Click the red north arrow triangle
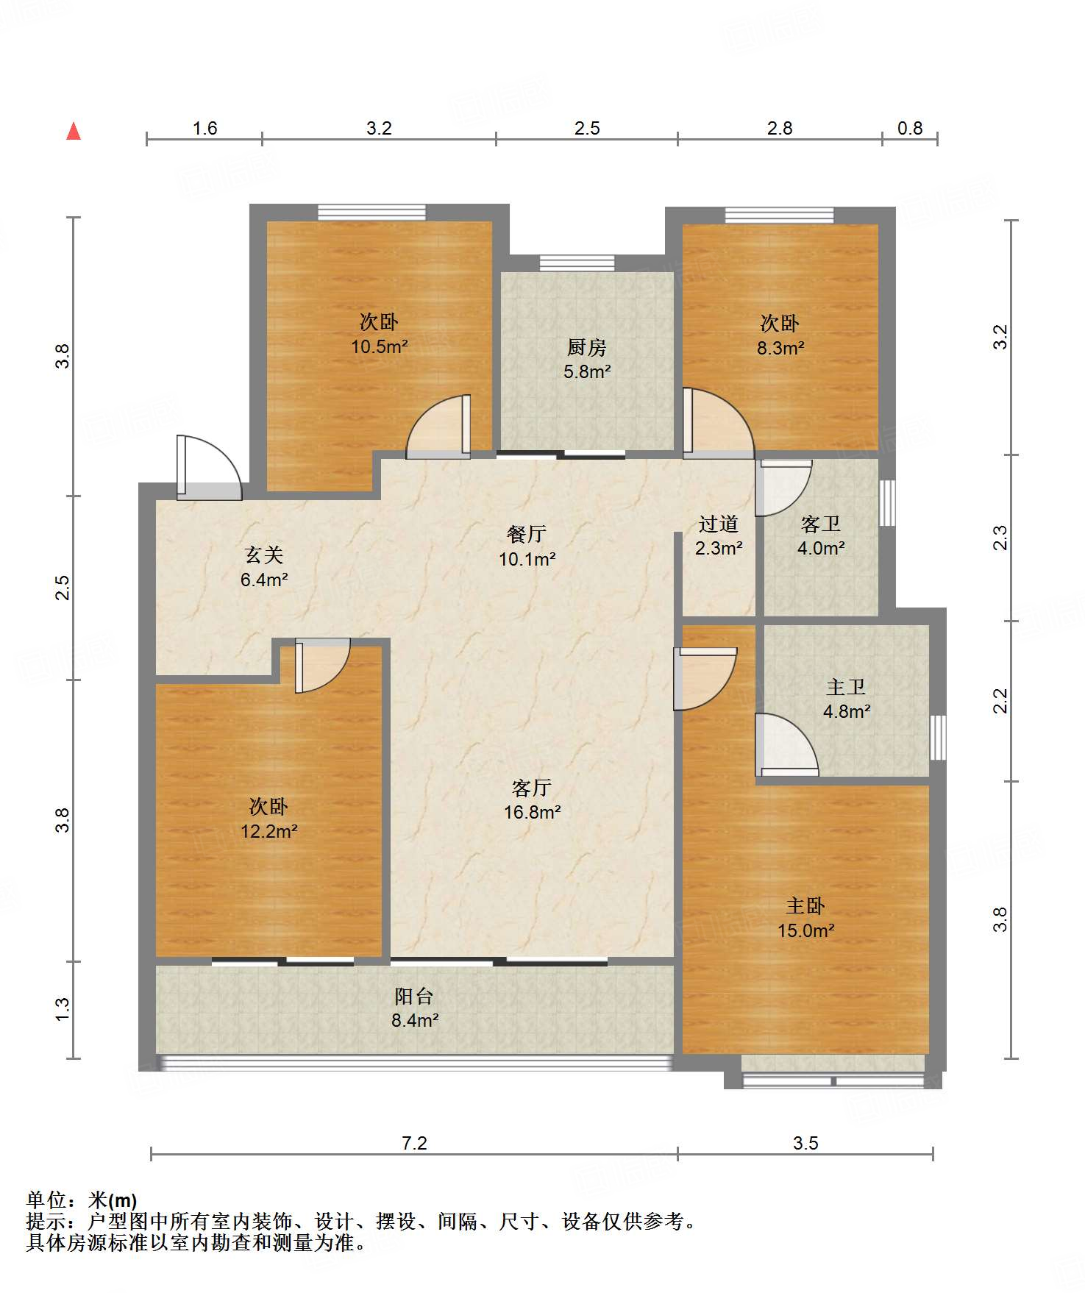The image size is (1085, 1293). coord(74,131)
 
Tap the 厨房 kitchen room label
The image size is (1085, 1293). coord(587,347)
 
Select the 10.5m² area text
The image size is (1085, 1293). coord(380,346)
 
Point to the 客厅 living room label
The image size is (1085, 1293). coord(532,788)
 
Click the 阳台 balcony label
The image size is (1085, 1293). coord(414,996)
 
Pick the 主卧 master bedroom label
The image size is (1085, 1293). coord(805,905)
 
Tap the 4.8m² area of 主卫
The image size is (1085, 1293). coord(847,712)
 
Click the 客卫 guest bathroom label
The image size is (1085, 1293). coord(821,524)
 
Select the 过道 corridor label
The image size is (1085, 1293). coord(719,524)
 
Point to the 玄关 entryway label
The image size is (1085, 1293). coord(264,555)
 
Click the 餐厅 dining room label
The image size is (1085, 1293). coord(527,534)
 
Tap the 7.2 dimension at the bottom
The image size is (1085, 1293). coord(414,1143)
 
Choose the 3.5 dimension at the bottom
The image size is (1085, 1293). coord(805,1143)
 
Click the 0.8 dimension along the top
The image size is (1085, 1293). coord(910,128)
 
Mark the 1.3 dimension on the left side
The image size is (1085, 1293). coord(63,1008)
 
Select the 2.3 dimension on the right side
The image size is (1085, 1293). coord(1000,538)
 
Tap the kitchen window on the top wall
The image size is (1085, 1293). coord(577,263)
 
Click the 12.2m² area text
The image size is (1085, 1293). coord(269,831)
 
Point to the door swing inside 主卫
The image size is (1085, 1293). coord(787,744)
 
